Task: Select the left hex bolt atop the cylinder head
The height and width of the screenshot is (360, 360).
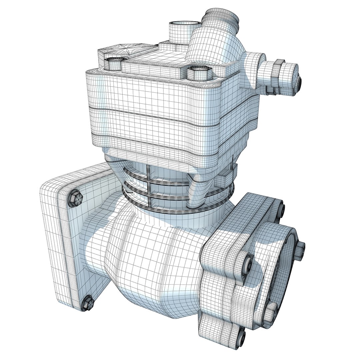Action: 113,63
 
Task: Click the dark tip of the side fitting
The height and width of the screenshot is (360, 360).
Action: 300,81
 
